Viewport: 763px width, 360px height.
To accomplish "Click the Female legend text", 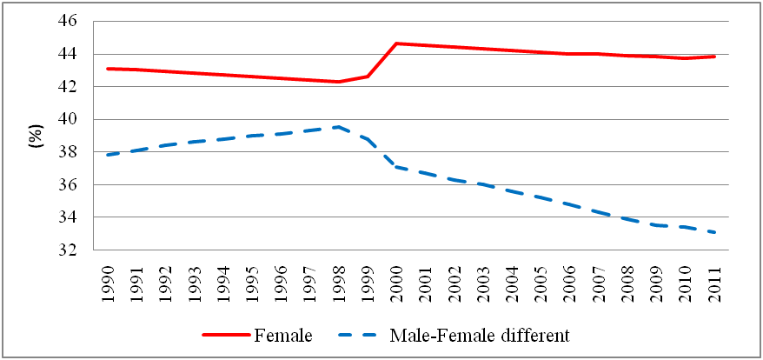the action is point(282,336).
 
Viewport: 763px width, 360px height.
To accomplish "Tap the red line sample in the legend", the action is point(226,337).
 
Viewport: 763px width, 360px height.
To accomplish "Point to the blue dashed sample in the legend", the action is point(362,337).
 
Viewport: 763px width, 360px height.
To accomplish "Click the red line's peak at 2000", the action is point(396,43).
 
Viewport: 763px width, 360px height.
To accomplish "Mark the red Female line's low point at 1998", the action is point(338,82).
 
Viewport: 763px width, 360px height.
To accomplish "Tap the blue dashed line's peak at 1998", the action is point(338,127).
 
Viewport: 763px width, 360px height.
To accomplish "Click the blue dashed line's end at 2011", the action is point(715,232).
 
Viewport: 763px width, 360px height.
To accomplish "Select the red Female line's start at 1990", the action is point(107,69).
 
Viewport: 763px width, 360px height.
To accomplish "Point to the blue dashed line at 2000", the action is point(396,167).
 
